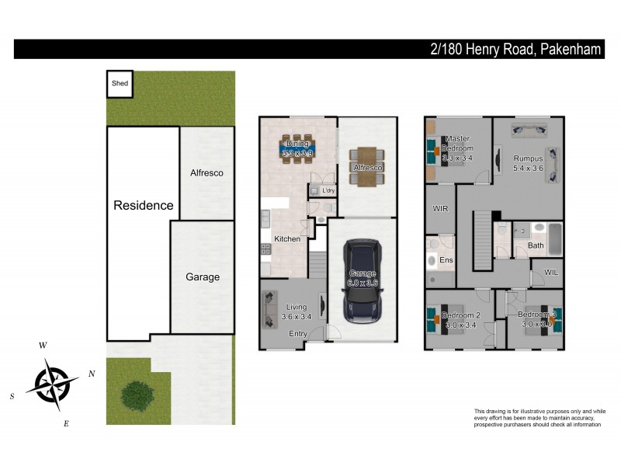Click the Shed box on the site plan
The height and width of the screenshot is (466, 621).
120,84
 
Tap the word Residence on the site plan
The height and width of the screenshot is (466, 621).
144,206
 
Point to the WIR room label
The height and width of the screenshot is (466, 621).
439,209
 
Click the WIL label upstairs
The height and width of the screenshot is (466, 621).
551,273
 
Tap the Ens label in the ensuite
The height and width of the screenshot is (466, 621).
446,259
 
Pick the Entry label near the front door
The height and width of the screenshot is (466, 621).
298,334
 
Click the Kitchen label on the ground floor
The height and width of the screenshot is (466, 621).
287,239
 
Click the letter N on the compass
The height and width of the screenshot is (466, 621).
92,374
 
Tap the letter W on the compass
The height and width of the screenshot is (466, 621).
43,345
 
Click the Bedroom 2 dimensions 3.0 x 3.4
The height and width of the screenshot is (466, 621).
461,325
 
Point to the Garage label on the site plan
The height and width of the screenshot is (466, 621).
202,277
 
